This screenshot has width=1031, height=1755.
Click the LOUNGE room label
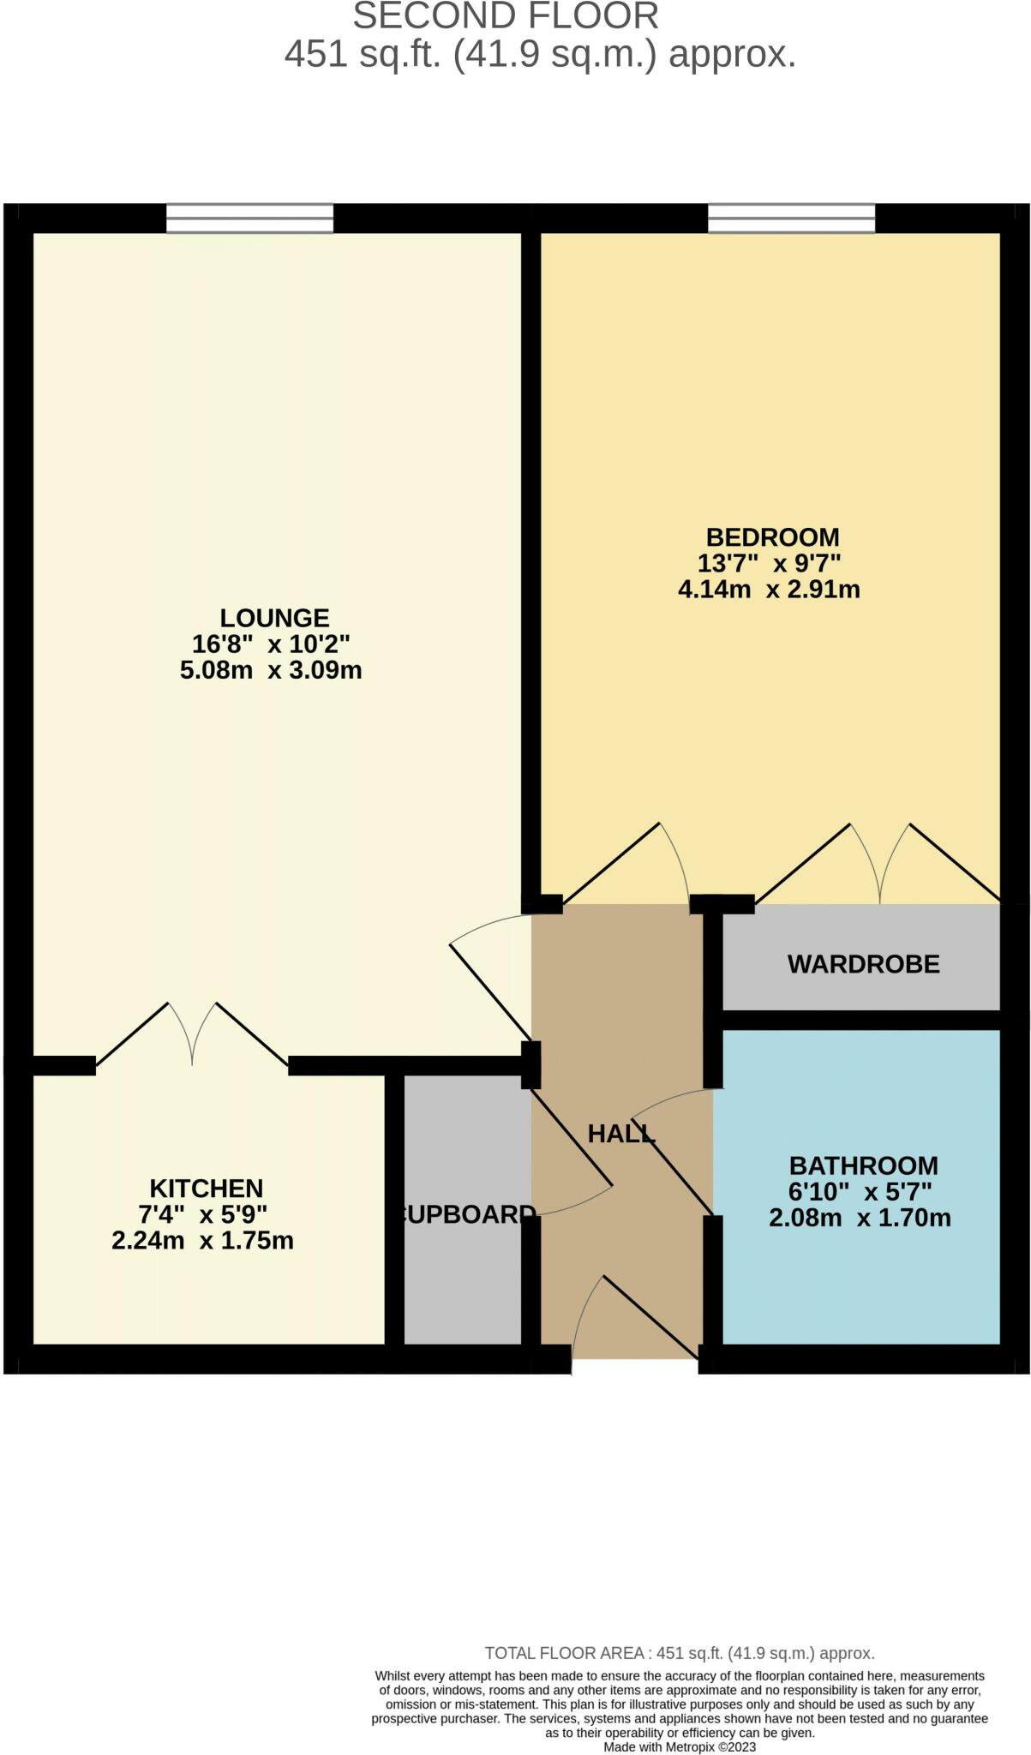tap(274, 618)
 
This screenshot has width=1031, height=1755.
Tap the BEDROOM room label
tap(772, 537)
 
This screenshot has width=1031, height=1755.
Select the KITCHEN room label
tap(206, 1189)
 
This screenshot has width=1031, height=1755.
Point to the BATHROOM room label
tap(863, 1165)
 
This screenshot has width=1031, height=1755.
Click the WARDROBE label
tap(863, 965)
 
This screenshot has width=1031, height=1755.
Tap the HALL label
tap(621, 1135)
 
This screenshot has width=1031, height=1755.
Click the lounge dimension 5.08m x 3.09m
tap(271, 670)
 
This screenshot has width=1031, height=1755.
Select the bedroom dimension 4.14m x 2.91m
tap(769, 590)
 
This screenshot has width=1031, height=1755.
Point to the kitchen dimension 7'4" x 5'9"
tap(203, 1214)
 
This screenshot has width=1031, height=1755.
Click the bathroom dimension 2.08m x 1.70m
tap(860, 1218)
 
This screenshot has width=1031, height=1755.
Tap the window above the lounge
tap(249, 218)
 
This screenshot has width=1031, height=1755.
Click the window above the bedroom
tap(791, 218)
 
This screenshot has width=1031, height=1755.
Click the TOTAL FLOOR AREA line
tap(680, 1654)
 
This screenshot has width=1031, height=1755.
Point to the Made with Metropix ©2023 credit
tap(680, 1746)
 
